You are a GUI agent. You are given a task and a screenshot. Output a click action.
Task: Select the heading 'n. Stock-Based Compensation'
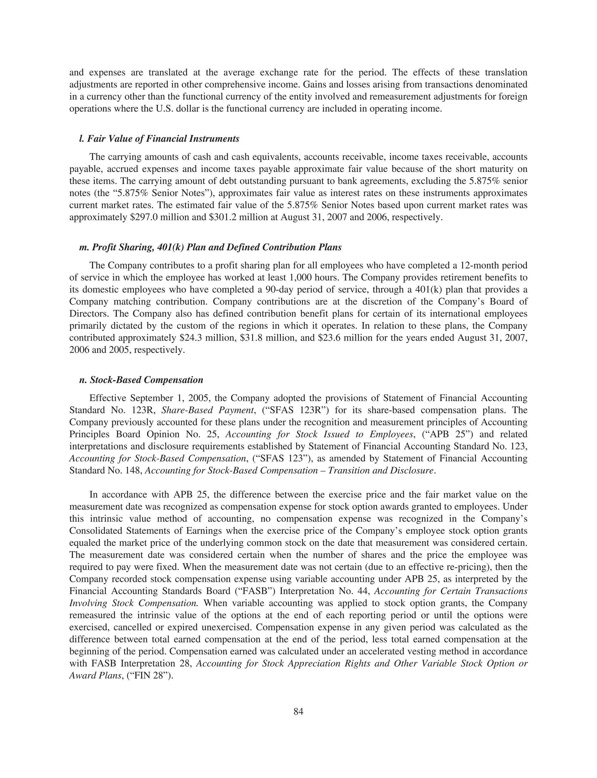click(x=141, y=380)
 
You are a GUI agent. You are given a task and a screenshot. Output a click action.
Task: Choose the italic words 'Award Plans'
click(x=95, y=676)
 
